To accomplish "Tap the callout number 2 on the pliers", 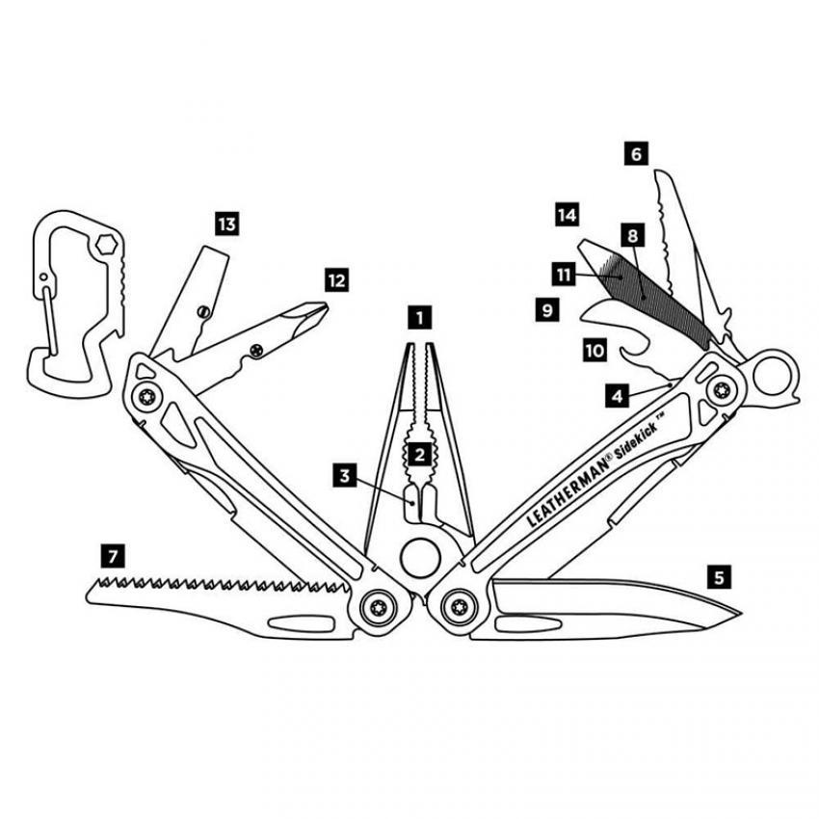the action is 417,453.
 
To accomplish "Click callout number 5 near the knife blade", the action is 718,577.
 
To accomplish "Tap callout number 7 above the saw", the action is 114,555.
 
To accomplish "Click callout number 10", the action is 594,349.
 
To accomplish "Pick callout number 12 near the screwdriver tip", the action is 335,281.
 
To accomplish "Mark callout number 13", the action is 226,225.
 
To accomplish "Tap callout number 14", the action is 567,214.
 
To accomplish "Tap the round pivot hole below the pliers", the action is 417,560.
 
